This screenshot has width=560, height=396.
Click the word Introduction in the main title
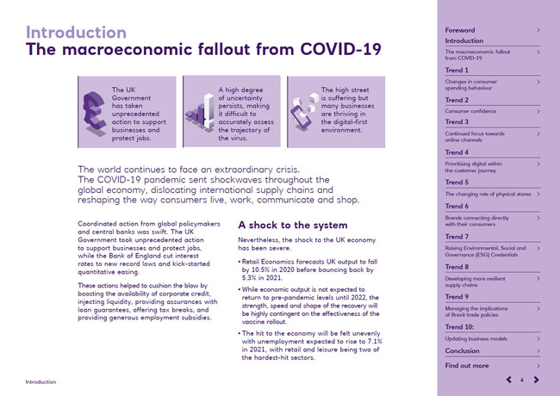[x=76, y=32]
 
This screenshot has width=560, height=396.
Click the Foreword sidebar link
[x=460, y=30]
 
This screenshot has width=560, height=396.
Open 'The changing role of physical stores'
[x=488, y=195]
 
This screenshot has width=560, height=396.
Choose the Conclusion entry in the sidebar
[x=463, y=351]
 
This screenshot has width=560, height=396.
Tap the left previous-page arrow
[x=510, y=380]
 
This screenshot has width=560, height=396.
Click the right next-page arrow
[x=536, y=380]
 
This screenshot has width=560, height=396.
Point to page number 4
[x=523, y=380]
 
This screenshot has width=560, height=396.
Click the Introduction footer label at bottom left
[x=40, y=381]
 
